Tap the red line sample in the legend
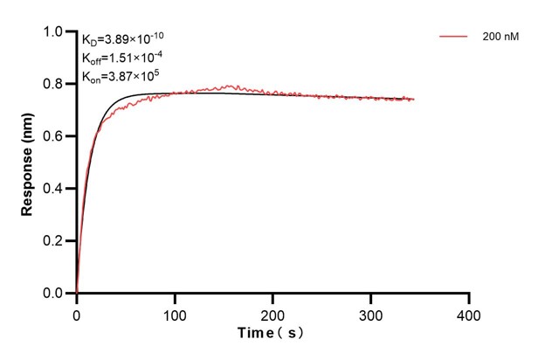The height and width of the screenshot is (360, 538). (454, 38)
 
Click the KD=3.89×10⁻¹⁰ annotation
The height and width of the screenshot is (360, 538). (123, 39)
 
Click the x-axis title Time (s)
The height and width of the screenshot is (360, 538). (272, 334)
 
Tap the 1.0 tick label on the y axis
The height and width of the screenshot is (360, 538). (53, 32)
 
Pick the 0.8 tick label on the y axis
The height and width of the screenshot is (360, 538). (53, 85)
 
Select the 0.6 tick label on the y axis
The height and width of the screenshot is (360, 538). (53, 136)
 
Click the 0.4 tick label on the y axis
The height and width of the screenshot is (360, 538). (53, 189)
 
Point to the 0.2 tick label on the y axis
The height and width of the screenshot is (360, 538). (53, 241)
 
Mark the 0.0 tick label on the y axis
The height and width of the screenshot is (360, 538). (53, 294)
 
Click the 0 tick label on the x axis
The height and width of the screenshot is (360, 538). (77, 313)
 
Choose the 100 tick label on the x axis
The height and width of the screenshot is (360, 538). (175, 313)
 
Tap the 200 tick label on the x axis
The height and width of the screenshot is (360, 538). (273, 313)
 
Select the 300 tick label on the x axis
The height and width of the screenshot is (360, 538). (371, 313)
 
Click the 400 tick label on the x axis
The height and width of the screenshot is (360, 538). (470, 313)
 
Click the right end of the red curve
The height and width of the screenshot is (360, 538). (414, 99)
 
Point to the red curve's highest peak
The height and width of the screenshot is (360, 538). (229, 86)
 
